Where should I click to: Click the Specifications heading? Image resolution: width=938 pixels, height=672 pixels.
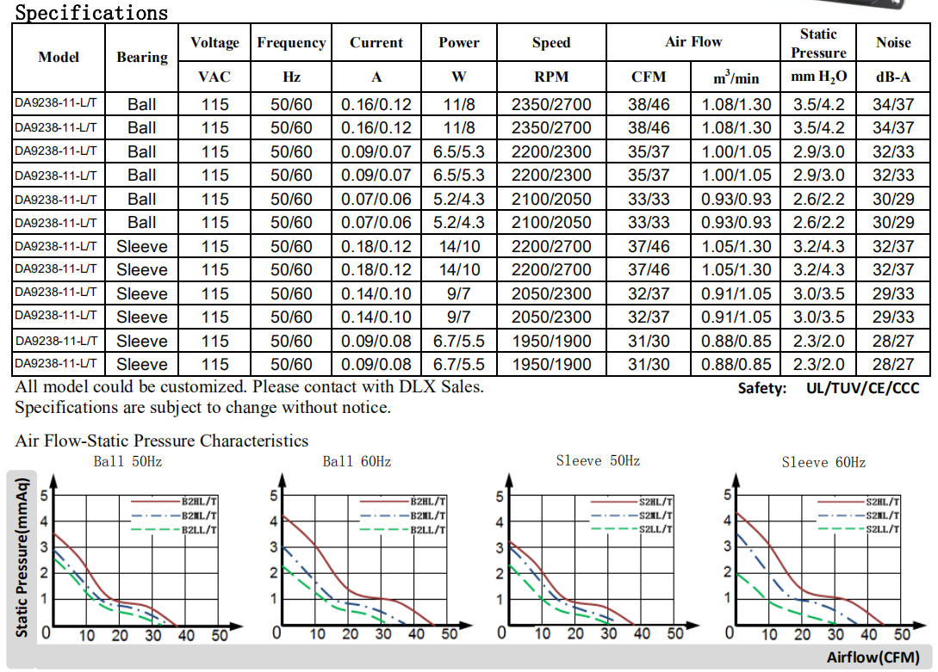92,13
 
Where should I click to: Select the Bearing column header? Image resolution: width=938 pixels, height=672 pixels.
142,58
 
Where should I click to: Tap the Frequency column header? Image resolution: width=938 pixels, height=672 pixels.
291,42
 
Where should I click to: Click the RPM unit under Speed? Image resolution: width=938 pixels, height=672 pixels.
551,77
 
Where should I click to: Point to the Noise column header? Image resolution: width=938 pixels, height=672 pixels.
893,42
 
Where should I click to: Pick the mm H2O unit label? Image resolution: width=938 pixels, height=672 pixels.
818,77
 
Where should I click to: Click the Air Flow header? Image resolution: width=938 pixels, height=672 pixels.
693,41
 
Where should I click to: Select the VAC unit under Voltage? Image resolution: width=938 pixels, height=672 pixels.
214,77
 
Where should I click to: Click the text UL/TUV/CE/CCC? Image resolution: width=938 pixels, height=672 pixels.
862,388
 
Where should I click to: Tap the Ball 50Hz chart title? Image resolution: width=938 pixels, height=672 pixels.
127,462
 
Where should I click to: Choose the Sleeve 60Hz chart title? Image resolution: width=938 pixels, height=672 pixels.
823,463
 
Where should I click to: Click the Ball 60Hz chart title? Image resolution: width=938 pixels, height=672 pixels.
357,462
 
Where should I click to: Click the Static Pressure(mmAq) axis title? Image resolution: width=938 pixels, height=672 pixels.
23,557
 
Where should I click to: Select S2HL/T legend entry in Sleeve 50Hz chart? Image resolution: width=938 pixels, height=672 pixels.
655,502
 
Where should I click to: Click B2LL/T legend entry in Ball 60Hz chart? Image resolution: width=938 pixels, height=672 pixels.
427,529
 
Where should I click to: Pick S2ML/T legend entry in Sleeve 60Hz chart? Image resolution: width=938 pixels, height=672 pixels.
882,515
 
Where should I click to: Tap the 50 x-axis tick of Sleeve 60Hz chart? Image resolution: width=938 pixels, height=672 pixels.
902,635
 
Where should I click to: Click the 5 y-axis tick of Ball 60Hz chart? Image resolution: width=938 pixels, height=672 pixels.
274,495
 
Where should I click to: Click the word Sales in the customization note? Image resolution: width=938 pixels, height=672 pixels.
461,387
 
